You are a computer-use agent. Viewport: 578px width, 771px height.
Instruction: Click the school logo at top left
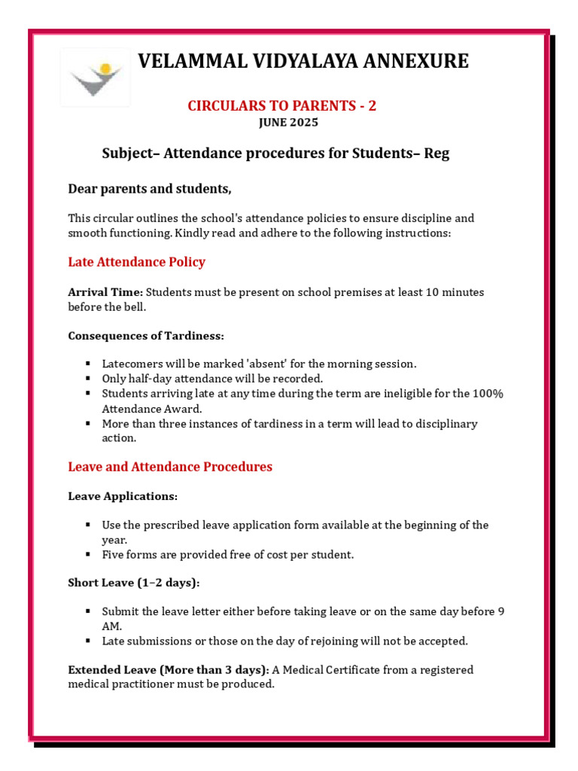tap(95, 78)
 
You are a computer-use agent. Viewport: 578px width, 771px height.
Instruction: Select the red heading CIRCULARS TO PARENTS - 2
tap(281, 106)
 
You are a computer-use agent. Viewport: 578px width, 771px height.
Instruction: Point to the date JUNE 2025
tap(288, 123)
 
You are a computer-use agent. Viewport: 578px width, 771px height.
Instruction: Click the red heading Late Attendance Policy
tap(136, 262)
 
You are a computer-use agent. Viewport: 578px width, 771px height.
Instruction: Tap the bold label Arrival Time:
tap(105, 291)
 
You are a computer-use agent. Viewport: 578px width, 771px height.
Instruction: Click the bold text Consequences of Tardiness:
tap(146, 335)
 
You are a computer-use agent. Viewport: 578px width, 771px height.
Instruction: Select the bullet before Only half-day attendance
tap(88, 379)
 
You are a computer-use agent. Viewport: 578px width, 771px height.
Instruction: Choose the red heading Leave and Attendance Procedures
tap(170, 467)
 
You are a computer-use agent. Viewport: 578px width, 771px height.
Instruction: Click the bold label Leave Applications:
tap(123, 496)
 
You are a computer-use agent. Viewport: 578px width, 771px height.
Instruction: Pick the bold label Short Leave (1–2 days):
tap(135, 584)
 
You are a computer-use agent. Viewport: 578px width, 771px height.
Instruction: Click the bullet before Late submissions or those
tap(88, 641)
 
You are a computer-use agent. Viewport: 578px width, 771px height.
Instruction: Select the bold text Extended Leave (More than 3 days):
tap(169, 670)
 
